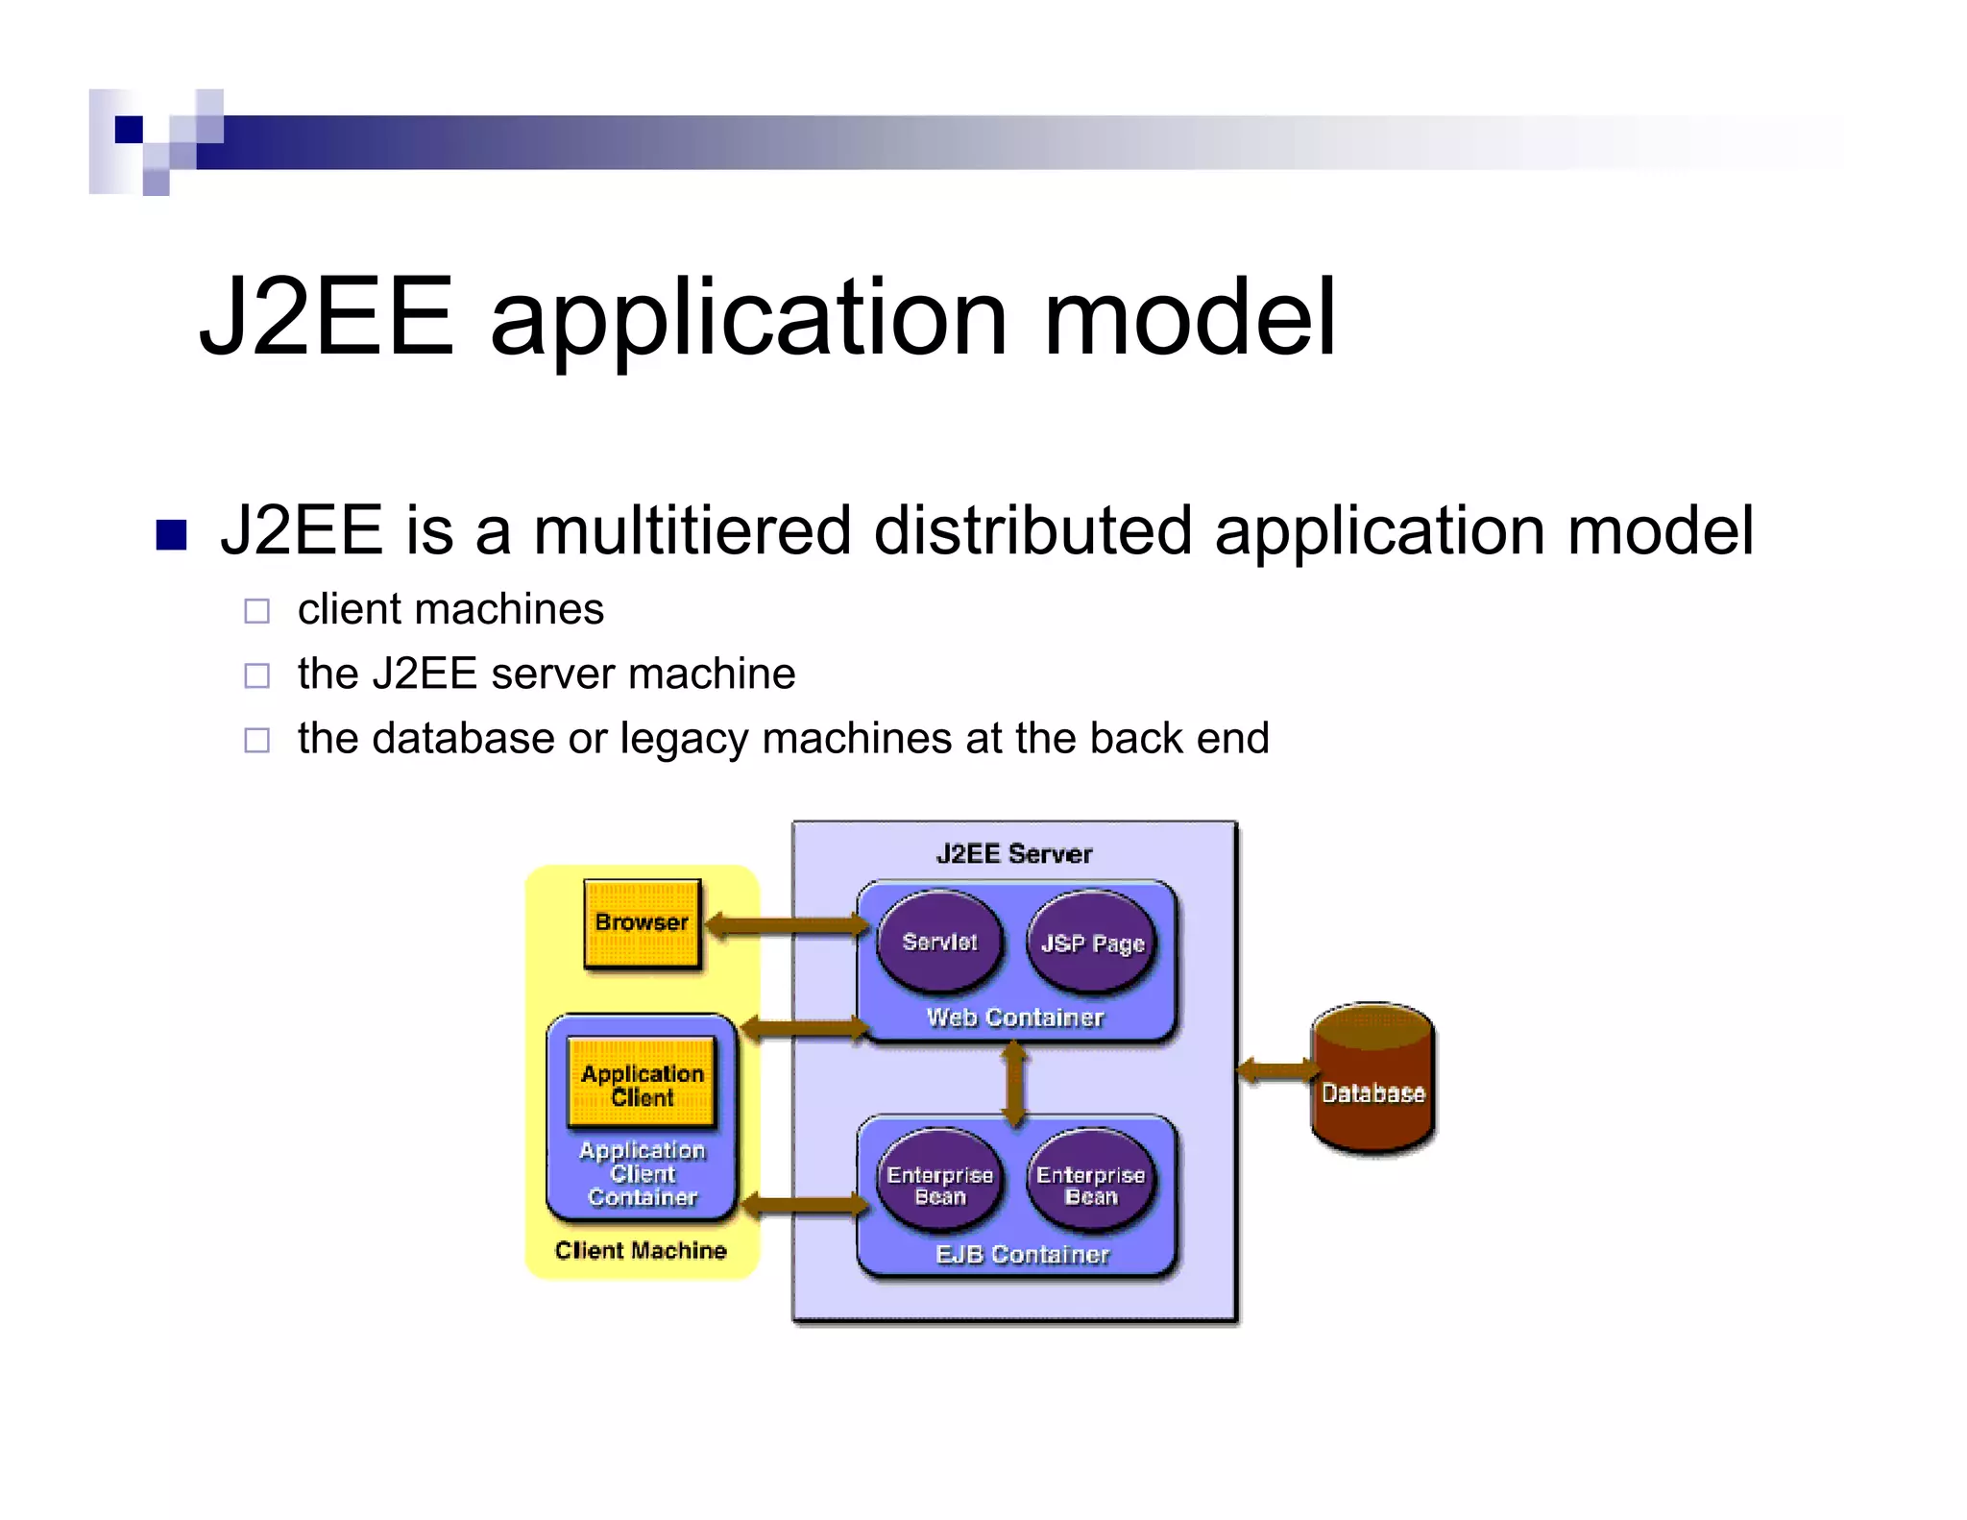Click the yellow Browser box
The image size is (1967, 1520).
[x=642, y=923]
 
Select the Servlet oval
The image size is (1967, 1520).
[x=939, y=942]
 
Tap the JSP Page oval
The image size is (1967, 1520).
[x=1092, y=943]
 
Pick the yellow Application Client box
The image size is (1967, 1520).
[x=642, y=1084]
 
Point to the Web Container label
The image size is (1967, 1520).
[x=1015, y=1017]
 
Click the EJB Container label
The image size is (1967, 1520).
[x=1022, y=1254]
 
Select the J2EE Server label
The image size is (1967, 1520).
[x=1014, y=854]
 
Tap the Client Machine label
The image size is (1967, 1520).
[x=641, y=1250]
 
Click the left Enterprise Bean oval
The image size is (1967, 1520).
[x=939, y=1185]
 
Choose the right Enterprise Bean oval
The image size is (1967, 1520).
[x=1091, y=1185]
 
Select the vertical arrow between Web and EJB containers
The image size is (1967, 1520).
[x=1014, y=1084]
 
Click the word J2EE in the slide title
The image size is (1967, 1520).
[x=327, y=317]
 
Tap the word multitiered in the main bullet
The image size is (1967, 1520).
[x=692, y=530]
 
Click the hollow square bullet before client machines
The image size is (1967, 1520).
[x=256, y=611]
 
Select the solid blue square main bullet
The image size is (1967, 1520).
[x=171, y=534]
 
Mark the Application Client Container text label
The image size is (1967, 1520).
[x=642, y=1173]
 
